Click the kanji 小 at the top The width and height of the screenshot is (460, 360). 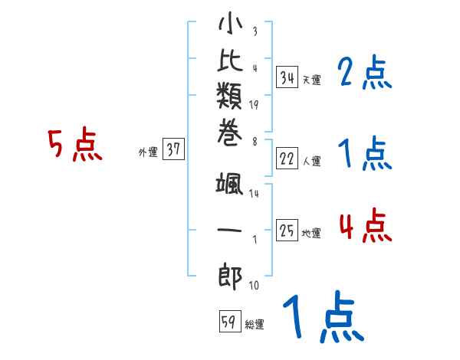tap(229, 25)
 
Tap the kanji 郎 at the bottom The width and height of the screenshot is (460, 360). tap(229, 275)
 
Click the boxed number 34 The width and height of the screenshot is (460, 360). tap(287, 77)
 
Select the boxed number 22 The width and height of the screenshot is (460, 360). tap(287, 159)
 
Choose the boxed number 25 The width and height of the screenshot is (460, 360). tap(287, 231)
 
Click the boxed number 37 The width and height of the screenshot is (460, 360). tap(174, 150)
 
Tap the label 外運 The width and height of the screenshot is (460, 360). tap(147, 152)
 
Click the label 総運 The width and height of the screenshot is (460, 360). tap(255, 325)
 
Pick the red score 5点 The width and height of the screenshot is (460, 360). tap(74, 145)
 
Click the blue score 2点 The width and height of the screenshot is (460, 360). tap(365, 74)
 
